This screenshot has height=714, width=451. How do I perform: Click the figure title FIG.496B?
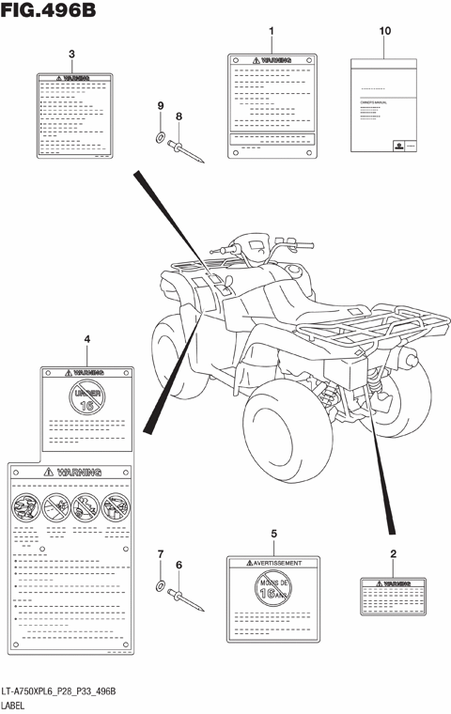click(49, 11)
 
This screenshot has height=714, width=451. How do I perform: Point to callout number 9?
click(160, 105)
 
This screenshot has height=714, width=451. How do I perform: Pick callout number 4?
click(86, 339)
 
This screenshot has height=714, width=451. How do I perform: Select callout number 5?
click(273, 535)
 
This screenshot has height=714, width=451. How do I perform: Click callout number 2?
click(393, 553)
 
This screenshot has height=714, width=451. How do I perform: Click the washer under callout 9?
click(161, 139)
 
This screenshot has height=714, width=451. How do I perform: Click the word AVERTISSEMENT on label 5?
click(276, 564)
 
